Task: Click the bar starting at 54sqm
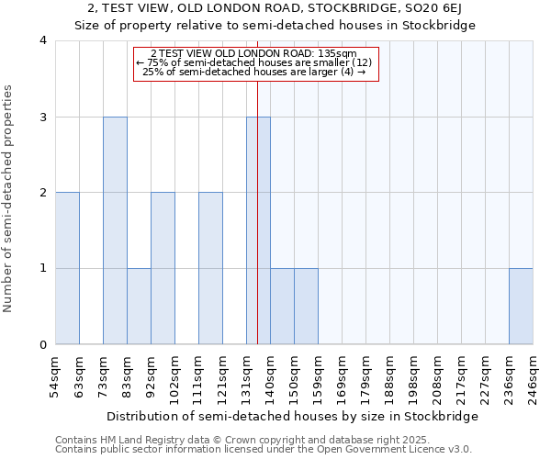click(67, 268)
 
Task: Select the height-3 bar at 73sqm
click(115, 230)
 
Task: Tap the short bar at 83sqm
click(139, 307)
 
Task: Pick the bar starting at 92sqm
click(163, 268)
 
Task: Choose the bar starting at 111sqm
click(210, 268)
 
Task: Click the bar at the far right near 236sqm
click(521, 307)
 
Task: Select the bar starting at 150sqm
click(306, 307)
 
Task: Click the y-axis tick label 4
click(43, 41)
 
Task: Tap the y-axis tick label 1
click(43, 269)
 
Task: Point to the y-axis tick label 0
click(43, 345)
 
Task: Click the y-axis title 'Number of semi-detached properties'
click(9, 198)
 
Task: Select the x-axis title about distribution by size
click(305, 417)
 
